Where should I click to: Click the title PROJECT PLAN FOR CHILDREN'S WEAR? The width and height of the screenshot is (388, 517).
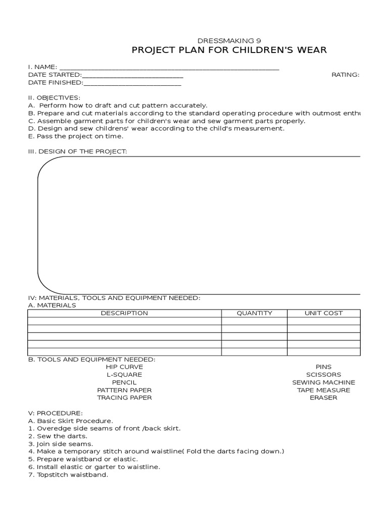click(229, 50)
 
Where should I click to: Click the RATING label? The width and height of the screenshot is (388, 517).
click(345, 75)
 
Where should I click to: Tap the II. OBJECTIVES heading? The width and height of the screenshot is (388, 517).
click(54, 97)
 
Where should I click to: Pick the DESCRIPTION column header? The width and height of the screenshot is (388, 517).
click(124, 313)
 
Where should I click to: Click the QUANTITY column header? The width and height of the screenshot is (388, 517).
click(254, 313)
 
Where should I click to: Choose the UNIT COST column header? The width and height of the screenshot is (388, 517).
click(323, 313)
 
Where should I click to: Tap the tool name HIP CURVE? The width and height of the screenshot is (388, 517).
click(124, 367)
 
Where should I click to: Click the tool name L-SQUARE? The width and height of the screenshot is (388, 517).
click(124, 375)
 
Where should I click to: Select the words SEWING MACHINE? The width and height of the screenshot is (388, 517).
click(323, 382)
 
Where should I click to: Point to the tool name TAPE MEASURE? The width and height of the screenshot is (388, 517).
click(323, 390)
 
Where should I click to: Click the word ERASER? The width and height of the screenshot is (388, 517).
click(323, 398)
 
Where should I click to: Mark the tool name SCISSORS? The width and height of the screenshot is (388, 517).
click(323, 375)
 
